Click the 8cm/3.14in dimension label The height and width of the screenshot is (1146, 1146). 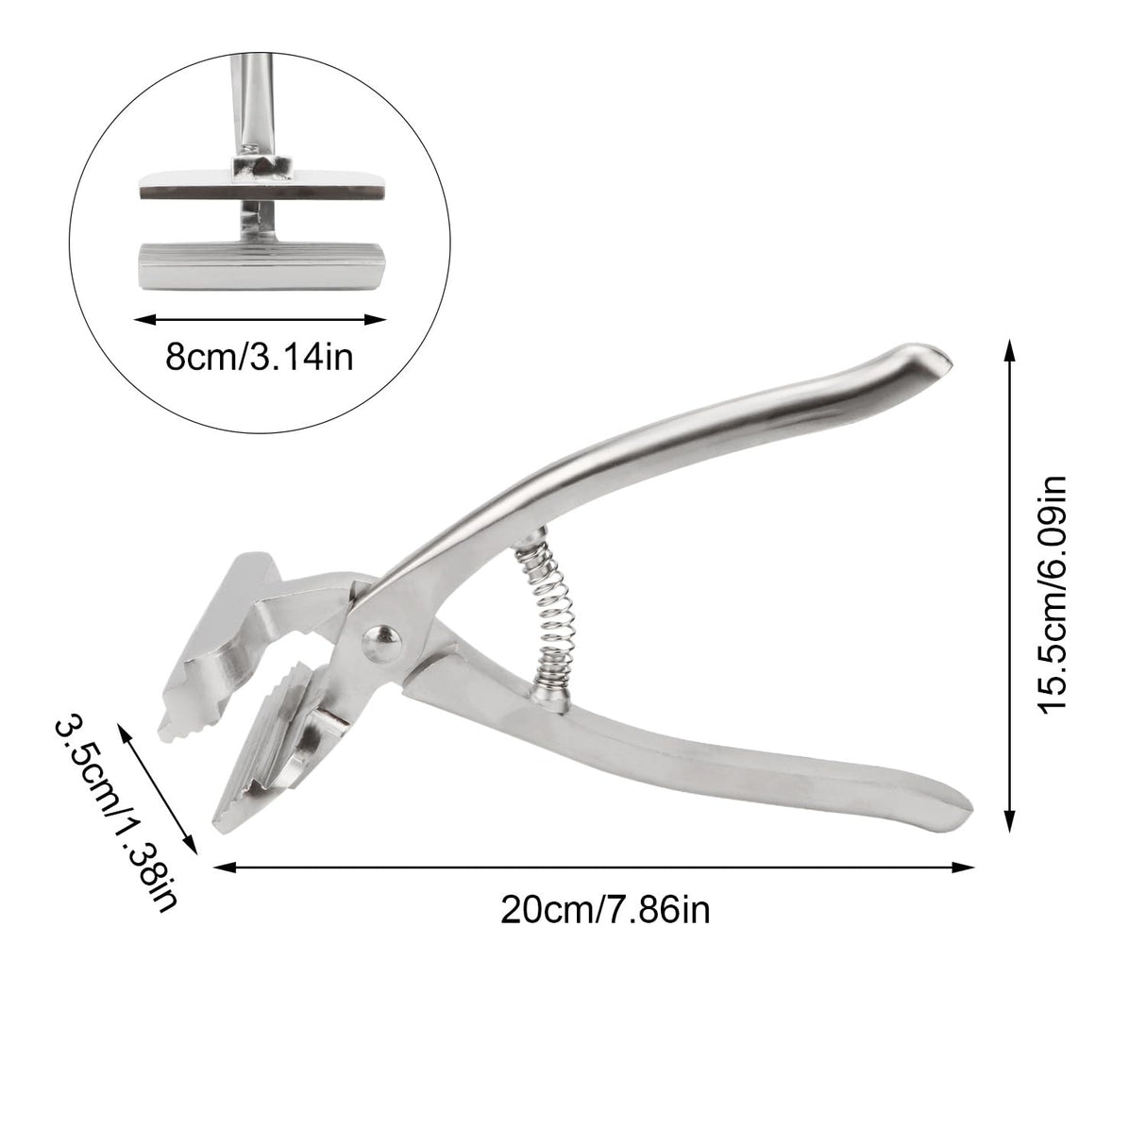click(260, 358)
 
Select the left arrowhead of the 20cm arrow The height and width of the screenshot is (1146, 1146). click(221, 868)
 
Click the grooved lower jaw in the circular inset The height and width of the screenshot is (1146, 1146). click(261, 266)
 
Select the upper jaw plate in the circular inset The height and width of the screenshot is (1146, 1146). click(261, 184)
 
